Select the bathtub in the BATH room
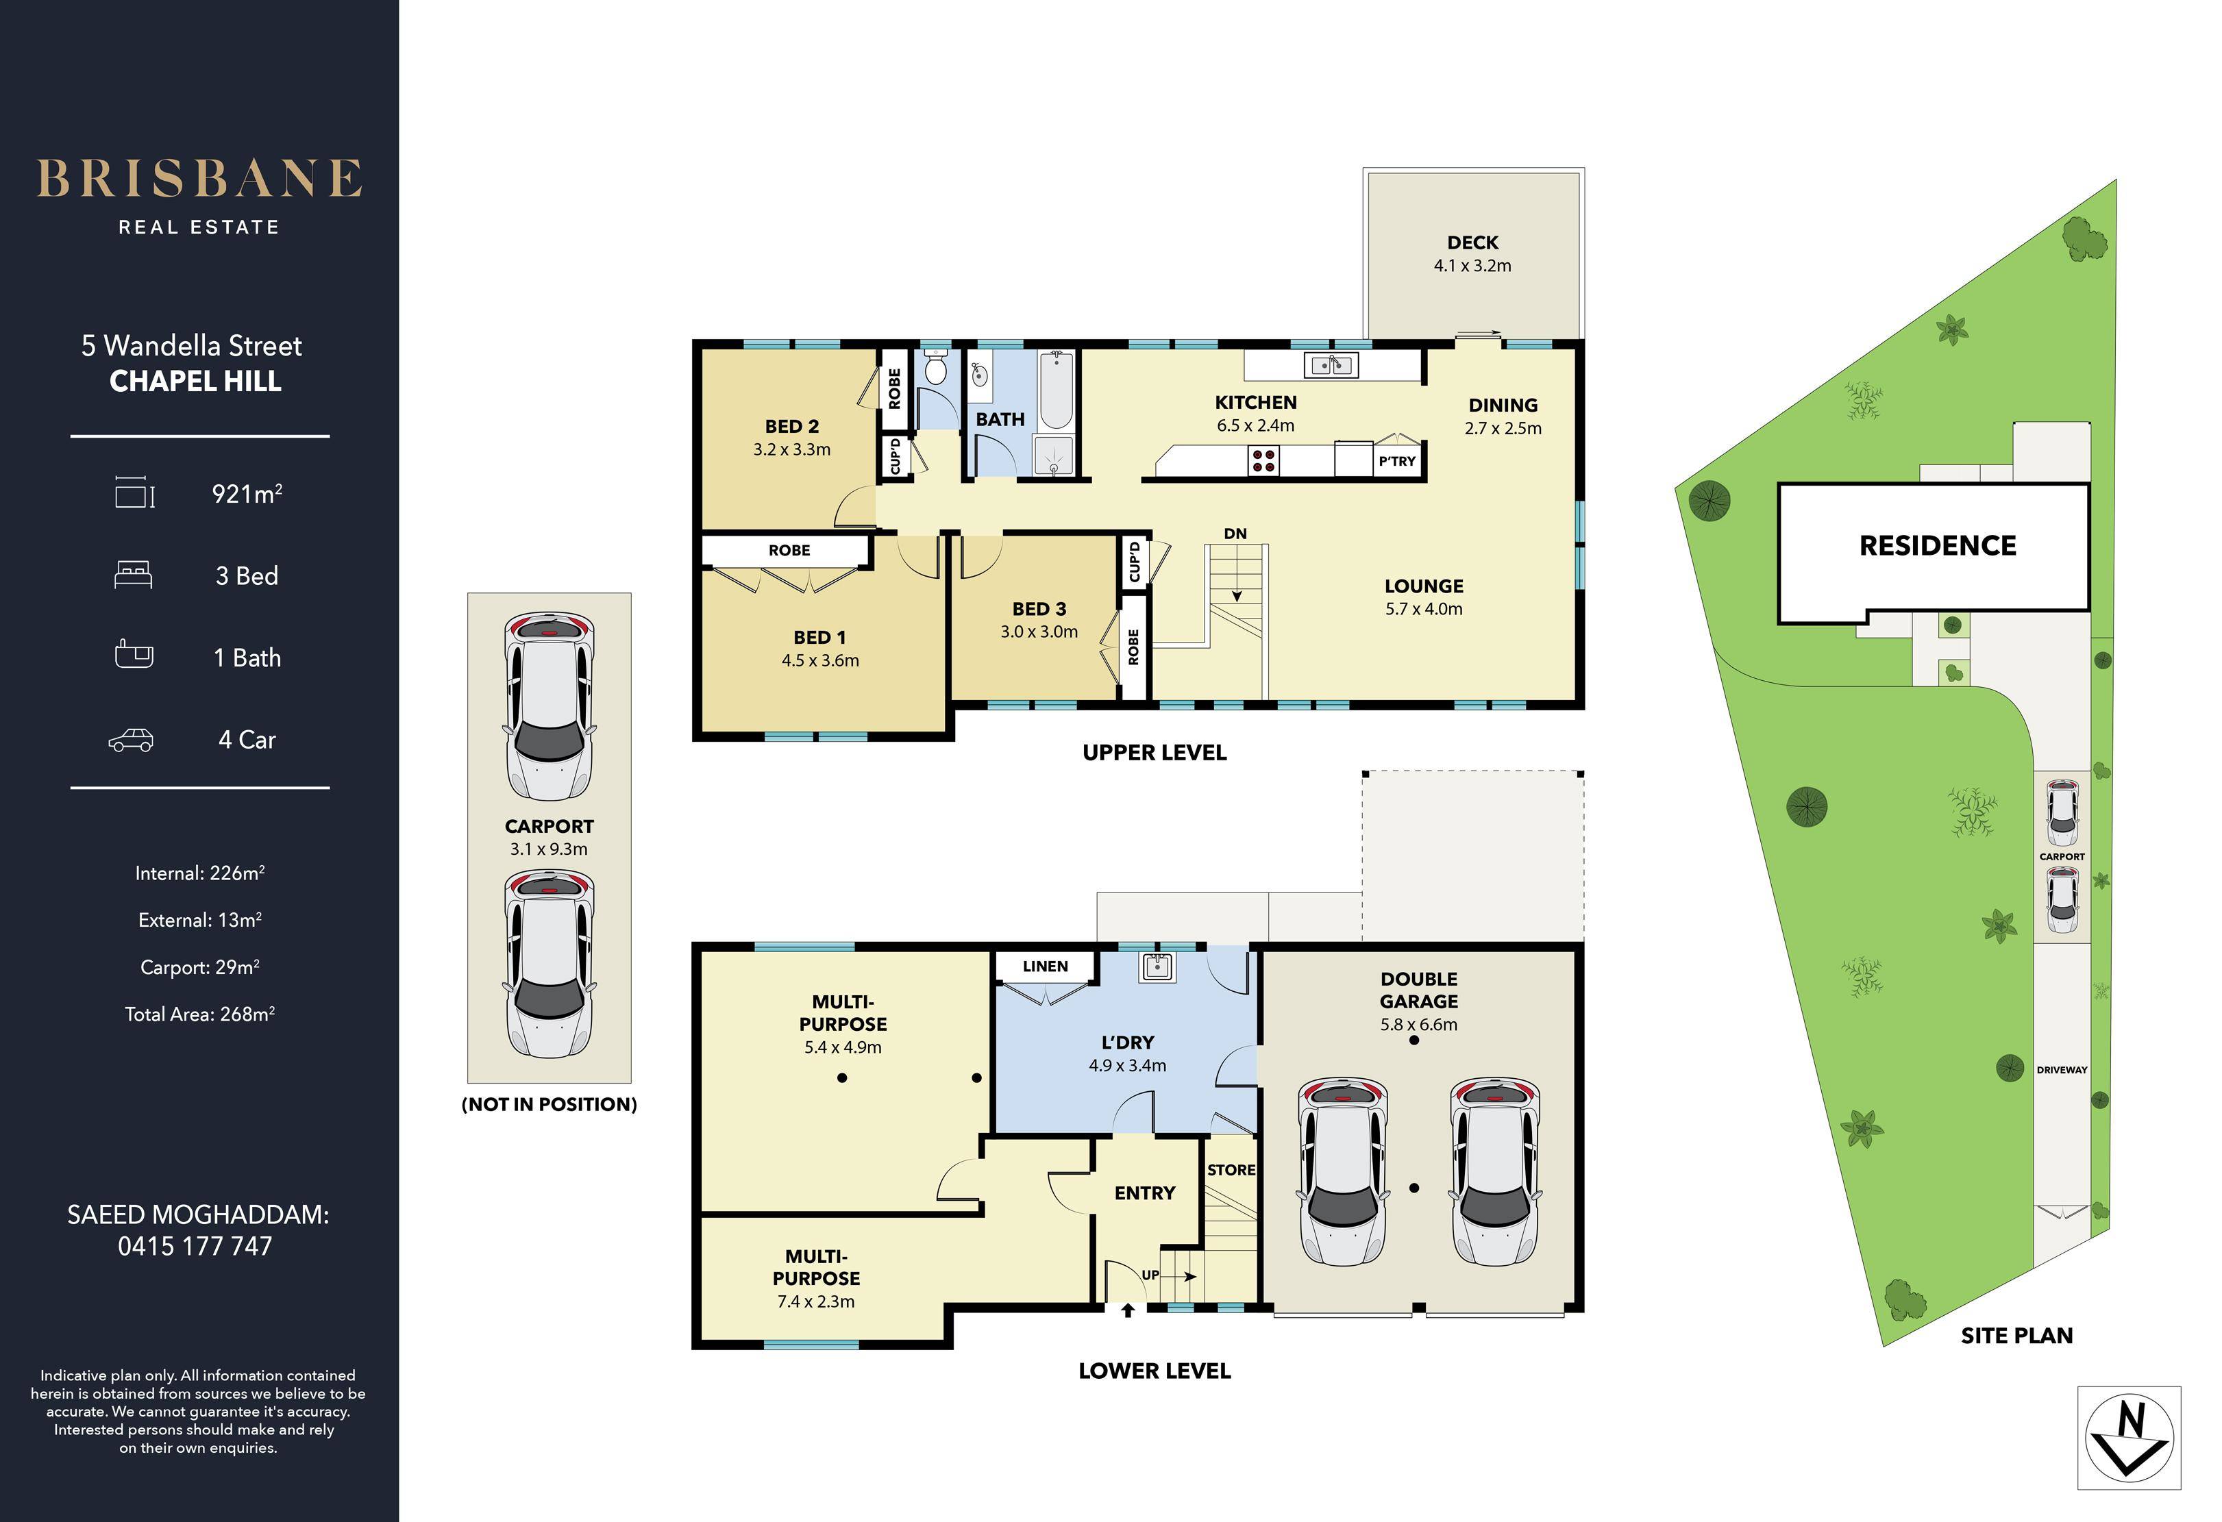pos(1056,390)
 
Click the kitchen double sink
pos(1330,364)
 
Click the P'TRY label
pos(1397,461)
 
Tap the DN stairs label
pos(1235,534)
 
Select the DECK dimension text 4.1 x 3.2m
pos(1472,266)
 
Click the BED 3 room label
pos(1039,609)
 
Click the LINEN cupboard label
pos(1045,966)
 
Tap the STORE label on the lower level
pos(1231,1169)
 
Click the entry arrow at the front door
pos(1128,1309)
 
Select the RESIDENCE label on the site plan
pos(1937,546)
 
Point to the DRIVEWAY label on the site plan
pos(2062,1070)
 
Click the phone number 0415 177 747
pos(195,1247)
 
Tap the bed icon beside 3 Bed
pos(133,575)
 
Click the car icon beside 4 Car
pos(131,740)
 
